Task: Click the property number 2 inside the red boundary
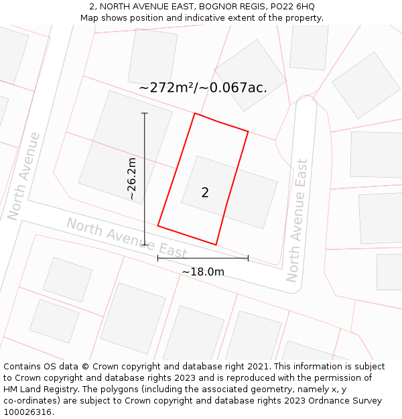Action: click(205, 193)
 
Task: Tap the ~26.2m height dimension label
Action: click(132, 179)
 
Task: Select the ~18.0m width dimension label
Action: click(202, 272)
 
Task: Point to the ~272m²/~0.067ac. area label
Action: click(203, 88)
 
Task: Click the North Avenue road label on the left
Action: click(24, 176)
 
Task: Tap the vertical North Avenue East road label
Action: click(297, 221)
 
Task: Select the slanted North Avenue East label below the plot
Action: click(126, 238)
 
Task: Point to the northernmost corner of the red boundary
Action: click(195, 113)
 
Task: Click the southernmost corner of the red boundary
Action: click(216, 245)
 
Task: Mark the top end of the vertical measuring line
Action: click(145, 113)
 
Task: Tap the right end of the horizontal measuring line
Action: click(248, 258)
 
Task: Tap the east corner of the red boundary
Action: click(249, 131)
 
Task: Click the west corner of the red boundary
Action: click(158, 225)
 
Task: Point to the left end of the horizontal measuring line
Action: click(158, 258)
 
